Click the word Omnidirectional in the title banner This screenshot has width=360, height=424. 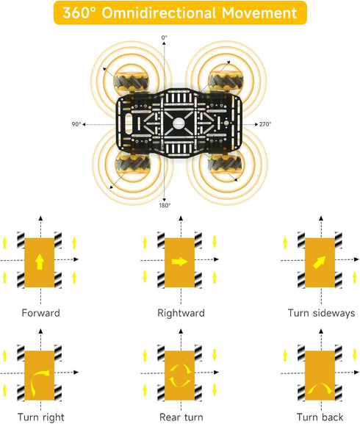(159, 12)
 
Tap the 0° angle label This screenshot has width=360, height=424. (165, 37)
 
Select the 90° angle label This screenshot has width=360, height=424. (76, 124)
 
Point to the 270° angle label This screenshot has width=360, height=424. (265, 124)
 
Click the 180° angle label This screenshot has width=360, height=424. (165, 205)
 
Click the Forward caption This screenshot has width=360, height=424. (41, 313)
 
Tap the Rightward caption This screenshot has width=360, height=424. (181, 313)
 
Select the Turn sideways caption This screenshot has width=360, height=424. (321, 313)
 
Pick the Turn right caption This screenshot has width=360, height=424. (41, 417)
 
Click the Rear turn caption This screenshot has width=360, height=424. (181, 417)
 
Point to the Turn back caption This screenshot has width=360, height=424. (320, 417)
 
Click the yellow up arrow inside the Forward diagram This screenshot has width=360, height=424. (40, 262)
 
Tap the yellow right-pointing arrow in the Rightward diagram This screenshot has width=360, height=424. (179, 262)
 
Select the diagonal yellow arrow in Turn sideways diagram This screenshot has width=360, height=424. (319, 262)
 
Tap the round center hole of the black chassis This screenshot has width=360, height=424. (179, 124)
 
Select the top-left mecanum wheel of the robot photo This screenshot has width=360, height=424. (132, 80)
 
